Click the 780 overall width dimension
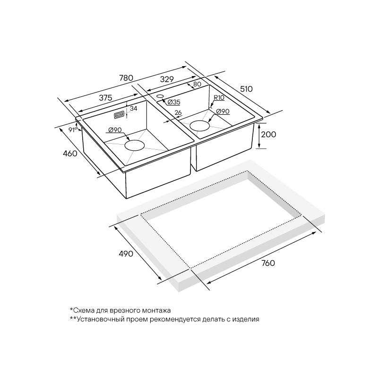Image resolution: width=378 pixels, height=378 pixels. (126, 78)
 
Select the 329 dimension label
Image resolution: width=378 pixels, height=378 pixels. (167, 79)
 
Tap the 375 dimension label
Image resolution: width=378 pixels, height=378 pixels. (105, 98)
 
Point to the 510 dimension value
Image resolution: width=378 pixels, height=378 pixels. (246, 89)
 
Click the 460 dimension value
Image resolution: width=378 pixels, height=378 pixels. (70, 153)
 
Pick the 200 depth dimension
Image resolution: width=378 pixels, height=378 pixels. (268, 134)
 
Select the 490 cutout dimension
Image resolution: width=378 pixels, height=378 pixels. (126, 253)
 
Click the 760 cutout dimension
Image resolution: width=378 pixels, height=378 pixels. (268, 263)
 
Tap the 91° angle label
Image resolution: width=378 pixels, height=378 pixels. (73, 129)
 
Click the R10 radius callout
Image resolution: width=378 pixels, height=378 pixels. (219, 98)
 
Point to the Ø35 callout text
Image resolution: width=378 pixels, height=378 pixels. (174, 102)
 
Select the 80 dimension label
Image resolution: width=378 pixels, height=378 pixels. (197, 85)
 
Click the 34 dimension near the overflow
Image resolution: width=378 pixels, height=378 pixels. (133, 109)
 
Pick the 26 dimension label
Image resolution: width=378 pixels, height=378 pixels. (178, 112)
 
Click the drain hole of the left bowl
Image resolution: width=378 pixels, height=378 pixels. (135, 146)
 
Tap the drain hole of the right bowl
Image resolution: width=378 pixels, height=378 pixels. (199, 126)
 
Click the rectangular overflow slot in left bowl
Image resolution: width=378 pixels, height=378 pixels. (119, 115)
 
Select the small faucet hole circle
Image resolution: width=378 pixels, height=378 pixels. (160, 96)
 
